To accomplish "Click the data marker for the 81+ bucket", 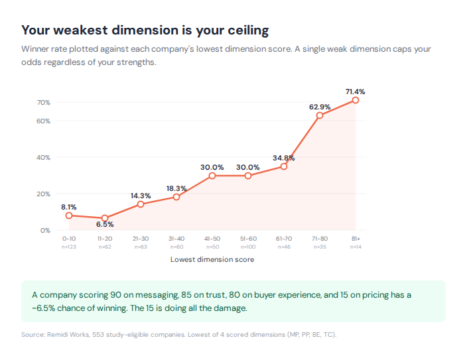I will pyautogui.click(x=356, y=100).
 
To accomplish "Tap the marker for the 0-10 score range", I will pyautogui.click(x=69, y=215).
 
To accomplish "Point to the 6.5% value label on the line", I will pyautogui.click(x=105, y=224).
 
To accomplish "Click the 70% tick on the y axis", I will pyautogui.click(x=44, y=103).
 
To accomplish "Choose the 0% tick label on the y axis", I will pyautogui.click(x=45, y=231).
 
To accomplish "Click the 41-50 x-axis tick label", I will pyautogui.click(x=212, y=239).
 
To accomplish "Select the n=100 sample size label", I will pyautogui.click(x=248, y=247).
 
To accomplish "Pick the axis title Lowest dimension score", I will pyautogui.click(x=212, y=260).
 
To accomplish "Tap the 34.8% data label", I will pyautogui.click(x=284, y=158).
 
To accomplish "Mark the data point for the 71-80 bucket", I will pyautogui.click(x=320, y=115).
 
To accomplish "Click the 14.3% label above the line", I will pyautogui.click(x=141, y=196).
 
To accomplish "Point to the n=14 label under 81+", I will pyautogui.click(x=356, y=247).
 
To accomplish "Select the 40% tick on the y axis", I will pyautogui.click(x=44, y=158).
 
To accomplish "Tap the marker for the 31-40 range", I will pyautogui.click(x=176, y=197).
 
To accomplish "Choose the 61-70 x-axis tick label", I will pyautogui.click(x=284, y=239).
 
